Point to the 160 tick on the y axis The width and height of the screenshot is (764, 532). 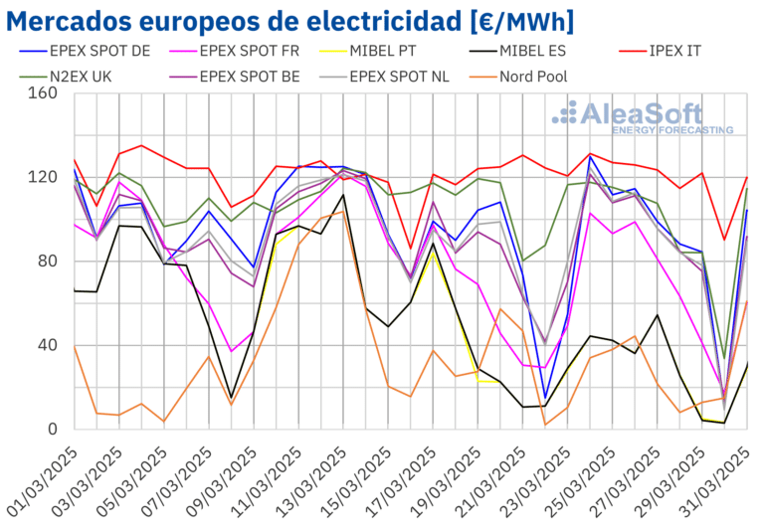[x=44, y=93]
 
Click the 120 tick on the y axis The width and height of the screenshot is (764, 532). [x=44, y=177]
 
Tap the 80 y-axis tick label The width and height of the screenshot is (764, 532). [x=49, y=262]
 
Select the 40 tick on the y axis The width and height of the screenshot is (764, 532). [x=49, y=345]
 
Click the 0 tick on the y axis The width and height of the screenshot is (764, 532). [x=54, y=430]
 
